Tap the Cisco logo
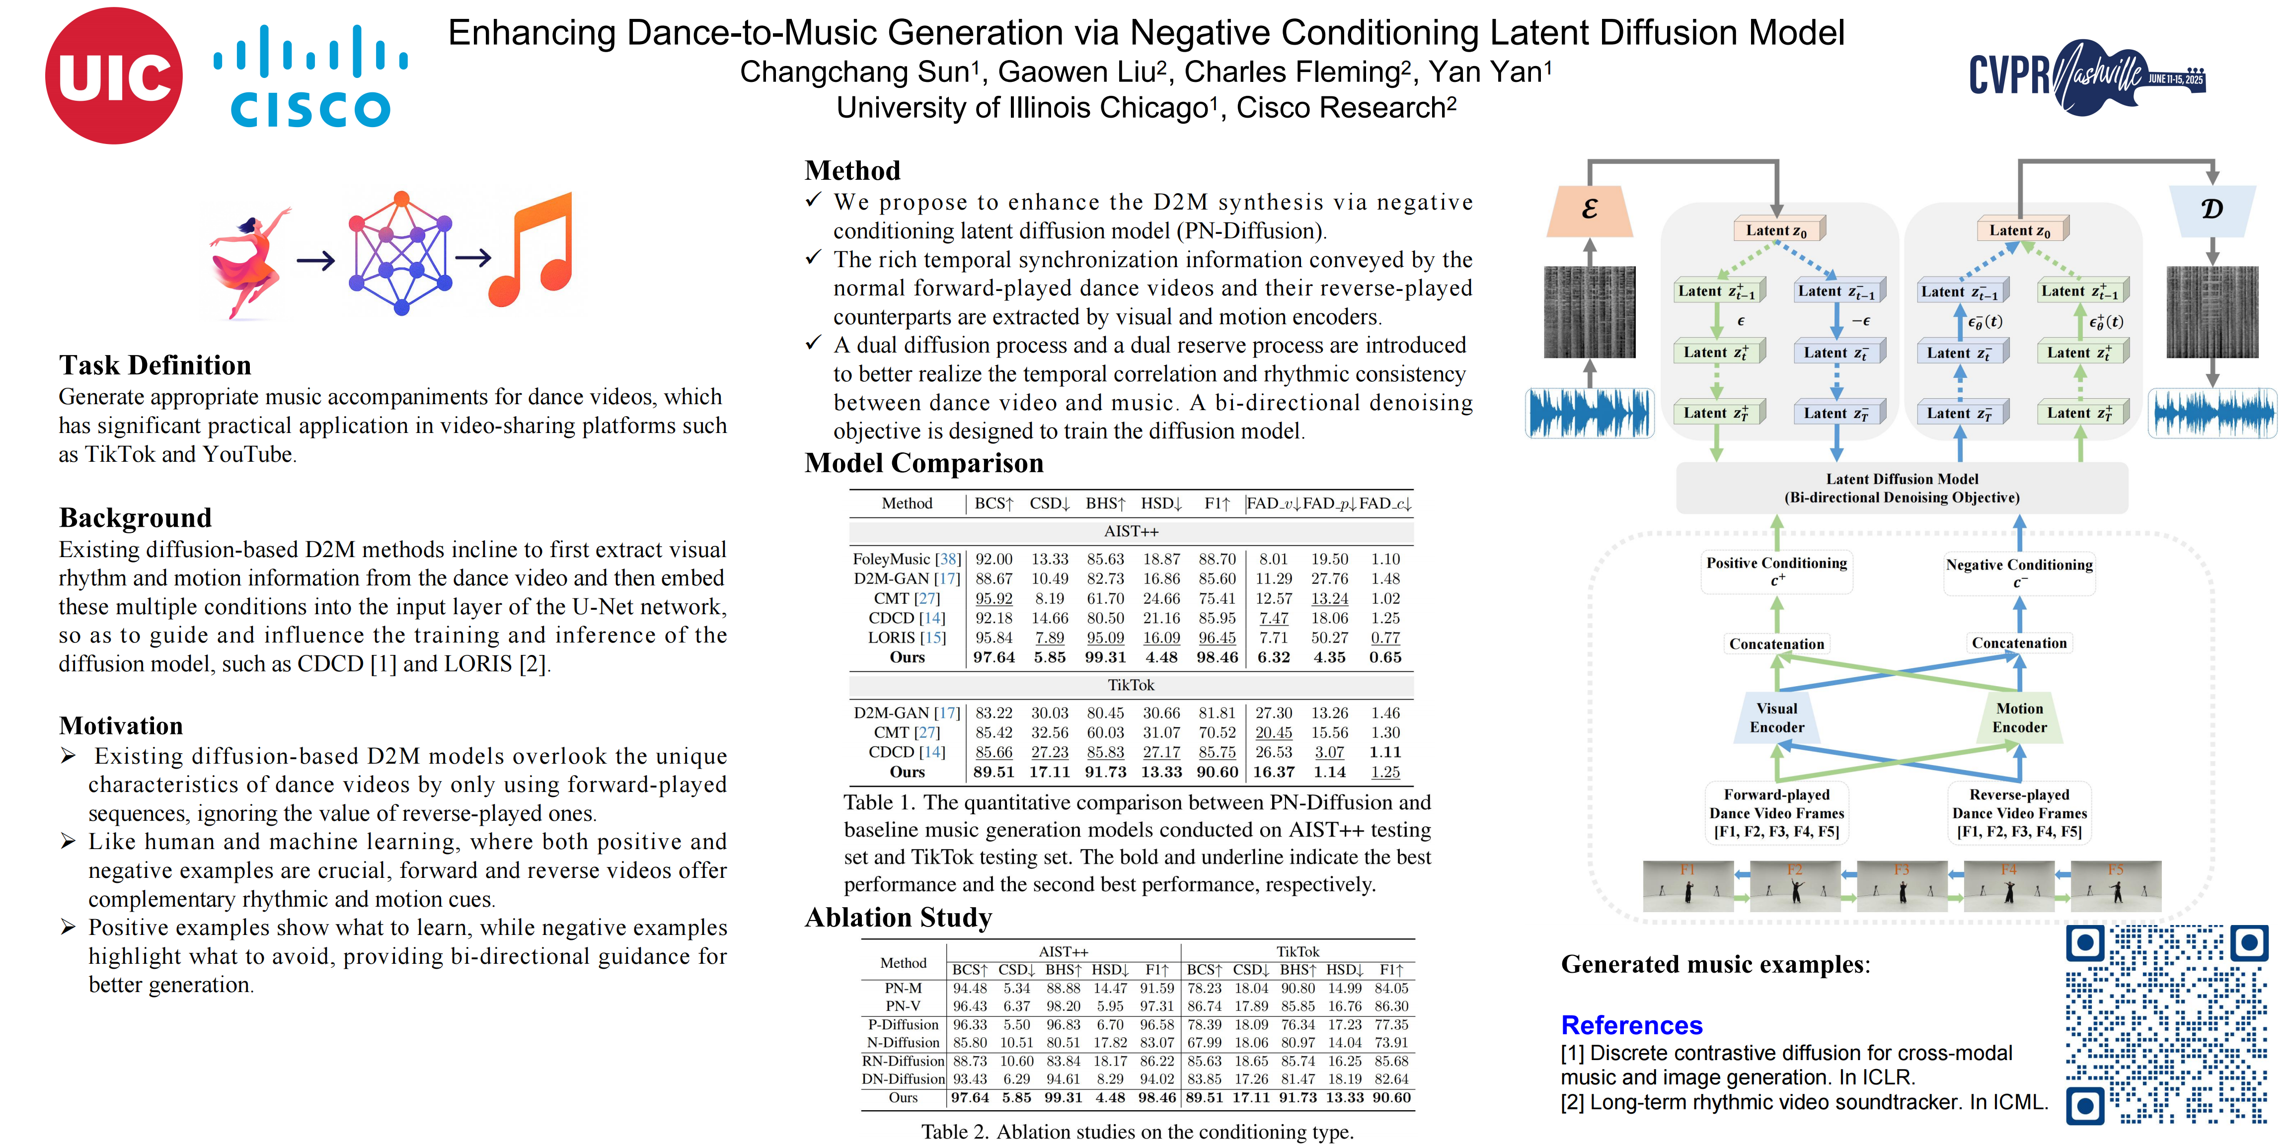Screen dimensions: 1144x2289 pyautogui.click(x=310, y=77)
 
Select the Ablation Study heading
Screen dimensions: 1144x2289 pyautogui.click(x=898, y=918)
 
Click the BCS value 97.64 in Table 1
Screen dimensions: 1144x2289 pyautogui.click(x=993, y=657)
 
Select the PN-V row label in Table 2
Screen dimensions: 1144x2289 pyautogui.click(x=903, y=1006)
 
